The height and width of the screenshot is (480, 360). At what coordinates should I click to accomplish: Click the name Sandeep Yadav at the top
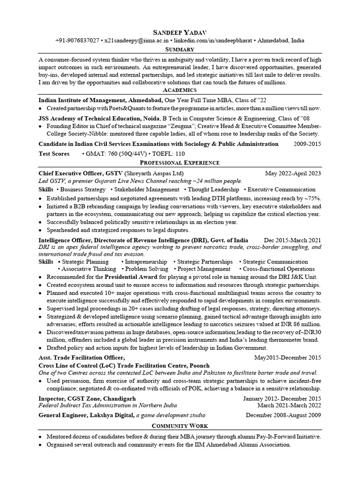(x=180, y=32)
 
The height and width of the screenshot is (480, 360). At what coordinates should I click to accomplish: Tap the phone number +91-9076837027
(x=77, y=41)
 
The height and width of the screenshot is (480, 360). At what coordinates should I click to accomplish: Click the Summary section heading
(x=180, y=49)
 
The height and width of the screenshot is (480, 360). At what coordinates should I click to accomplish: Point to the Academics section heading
(x=180, y=90)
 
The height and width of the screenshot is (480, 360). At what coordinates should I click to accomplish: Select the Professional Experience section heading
(x=180, y=162)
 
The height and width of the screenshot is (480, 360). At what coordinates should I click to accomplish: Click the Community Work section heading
(x=180, y=425)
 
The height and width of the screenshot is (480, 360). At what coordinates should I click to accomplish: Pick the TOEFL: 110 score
(x=166, y=154)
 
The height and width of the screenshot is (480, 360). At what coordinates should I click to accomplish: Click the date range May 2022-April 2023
(x=293, y=173)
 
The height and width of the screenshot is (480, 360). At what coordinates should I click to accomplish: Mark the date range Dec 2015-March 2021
(x=292, y=240)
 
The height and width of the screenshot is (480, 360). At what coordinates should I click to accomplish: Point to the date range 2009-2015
(x=307, y=144)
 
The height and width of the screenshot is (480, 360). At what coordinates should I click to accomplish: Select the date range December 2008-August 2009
(x=284, y=415)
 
